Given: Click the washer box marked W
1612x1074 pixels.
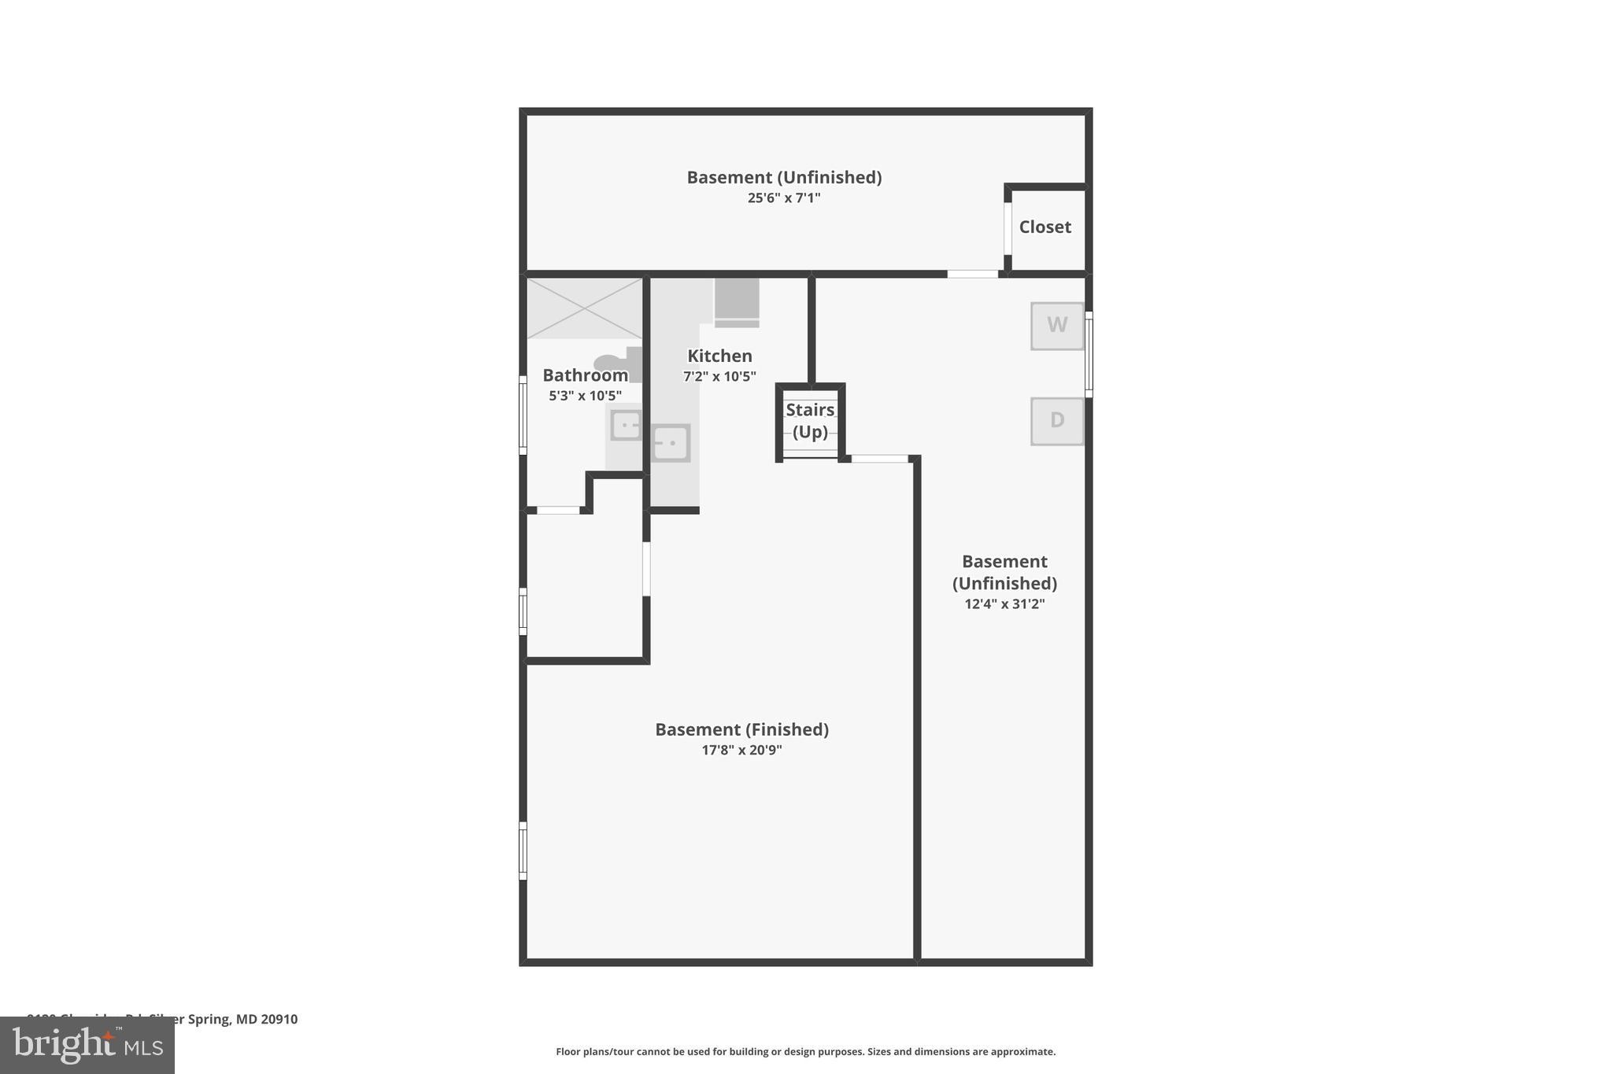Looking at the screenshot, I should [x=1056, y=326].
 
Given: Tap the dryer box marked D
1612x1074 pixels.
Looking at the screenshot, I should [x=1056, y=421].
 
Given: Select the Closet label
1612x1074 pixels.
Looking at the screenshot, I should [x=1044, y=227].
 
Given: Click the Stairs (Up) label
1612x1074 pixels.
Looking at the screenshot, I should [x=810, y=421].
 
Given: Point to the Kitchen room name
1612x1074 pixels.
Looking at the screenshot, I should [x=719, y=356].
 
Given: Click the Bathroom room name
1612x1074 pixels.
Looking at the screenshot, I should [x=585, y=375].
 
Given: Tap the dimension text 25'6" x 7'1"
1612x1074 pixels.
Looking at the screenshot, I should [x=783, y=198].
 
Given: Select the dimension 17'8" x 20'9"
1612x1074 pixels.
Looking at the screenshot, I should [x=741, y=751].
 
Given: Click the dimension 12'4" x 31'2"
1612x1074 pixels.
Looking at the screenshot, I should [x=1004, y=604].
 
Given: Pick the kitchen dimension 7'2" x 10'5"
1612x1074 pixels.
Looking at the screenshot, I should [x=719, y=377].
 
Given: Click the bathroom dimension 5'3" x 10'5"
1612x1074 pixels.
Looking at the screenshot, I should [x=585, y=396].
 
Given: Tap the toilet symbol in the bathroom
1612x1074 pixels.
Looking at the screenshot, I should [x=619, y=364].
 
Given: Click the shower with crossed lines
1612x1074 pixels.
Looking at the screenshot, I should [x=584, y=308].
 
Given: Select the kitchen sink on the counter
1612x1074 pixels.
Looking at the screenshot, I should [x=671, y=443].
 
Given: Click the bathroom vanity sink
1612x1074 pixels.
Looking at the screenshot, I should [x=627, y=426].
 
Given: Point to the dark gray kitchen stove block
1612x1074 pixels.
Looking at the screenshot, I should [x=737, y=299].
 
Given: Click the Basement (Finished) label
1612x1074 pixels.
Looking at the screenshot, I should [x=741, y=729].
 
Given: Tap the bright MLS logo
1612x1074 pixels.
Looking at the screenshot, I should [x=87, y=1046].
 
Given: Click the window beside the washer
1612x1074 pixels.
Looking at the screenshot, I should [x=1089, y=354].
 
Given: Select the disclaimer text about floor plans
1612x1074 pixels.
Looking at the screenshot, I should [x=805, y=1052].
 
